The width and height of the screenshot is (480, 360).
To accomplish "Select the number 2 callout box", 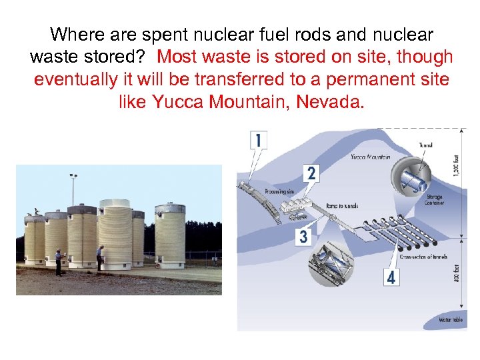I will tap(311, 173).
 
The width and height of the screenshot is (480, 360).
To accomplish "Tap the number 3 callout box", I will tap(304, 236).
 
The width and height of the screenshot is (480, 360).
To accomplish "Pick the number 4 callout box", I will tap(391, 277).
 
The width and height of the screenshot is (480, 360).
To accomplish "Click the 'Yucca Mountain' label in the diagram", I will tap(371, 157).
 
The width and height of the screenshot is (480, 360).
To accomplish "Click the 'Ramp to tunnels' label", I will tap(341, 206).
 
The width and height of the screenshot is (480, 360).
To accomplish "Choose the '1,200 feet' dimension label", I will tap(456, 165).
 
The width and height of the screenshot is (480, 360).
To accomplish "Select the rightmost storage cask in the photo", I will tap(170, 236).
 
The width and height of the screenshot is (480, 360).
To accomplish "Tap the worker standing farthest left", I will tap(59, 261).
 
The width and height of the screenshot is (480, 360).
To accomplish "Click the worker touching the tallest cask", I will tap(100, 257).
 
